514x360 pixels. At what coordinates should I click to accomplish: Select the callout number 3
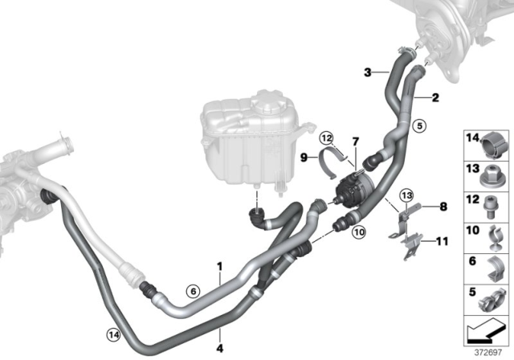tap(367, 73)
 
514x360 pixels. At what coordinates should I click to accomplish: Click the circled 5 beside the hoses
tap(418, 125)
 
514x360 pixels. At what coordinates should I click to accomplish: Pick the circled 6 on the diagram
tap(191, 291)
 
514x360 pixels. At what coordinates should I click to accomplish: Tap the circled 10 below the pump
tap(358, 232)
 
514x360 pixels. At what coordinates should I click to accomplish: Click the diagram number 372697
tap(489, 352)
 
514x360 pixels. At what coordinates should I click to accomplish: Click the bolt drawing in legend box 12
tap(492, 204)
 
